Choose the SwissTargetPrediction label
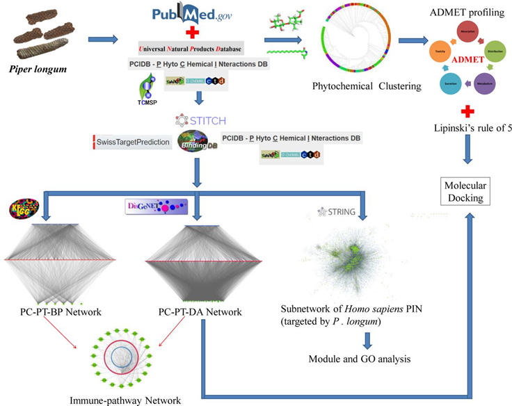click(x=132, y=143)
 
